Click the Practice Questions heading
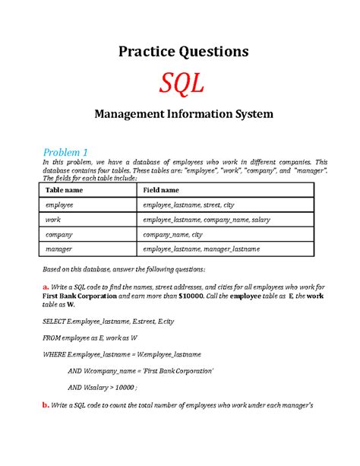180,52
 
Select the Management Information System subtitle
180,116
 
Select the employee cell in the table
60,205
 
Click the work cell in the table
53,220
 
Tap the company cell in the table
59,234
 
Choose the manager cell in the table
59,249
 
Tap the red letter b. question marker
44,405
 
